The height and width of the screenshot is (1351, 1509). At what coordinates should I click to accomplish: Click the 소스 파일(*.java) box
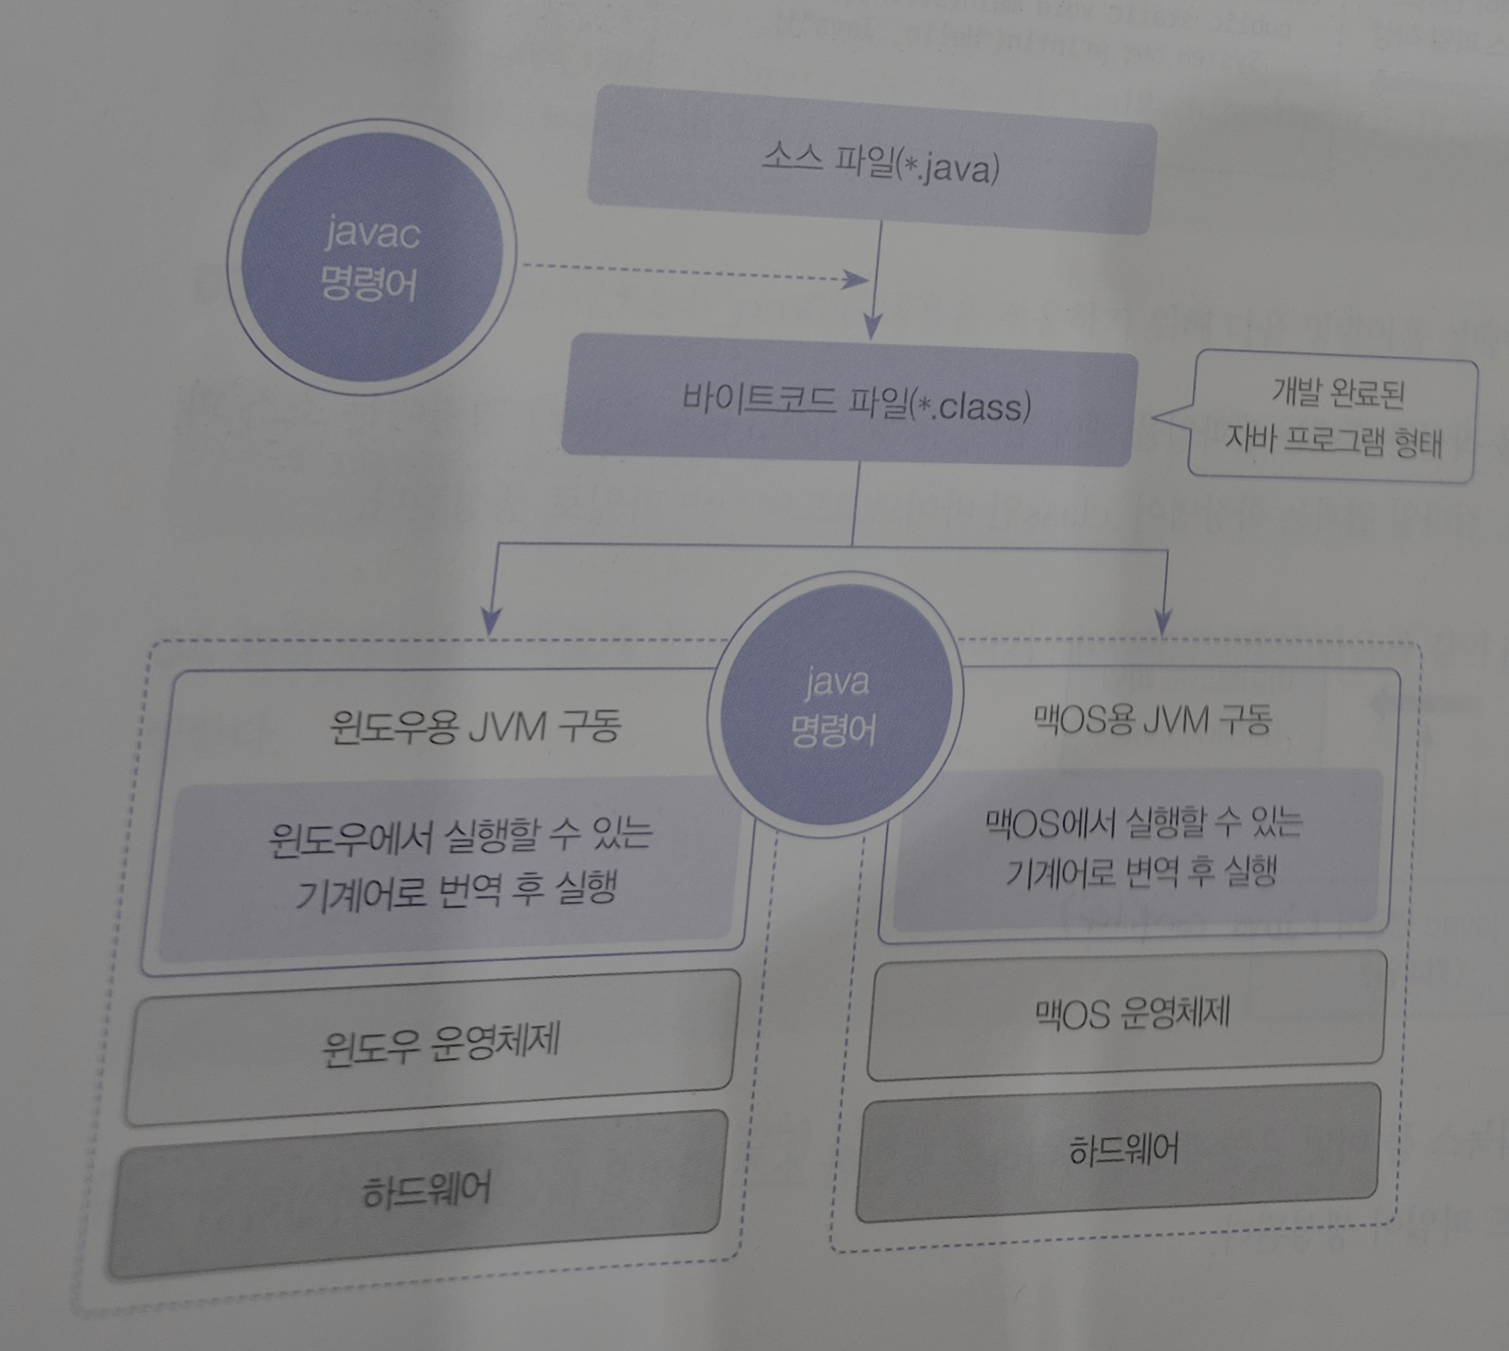pos(871,162)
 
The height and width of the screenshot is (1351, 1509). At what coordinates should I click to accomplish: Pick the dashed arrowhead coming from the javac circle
pos(856,279)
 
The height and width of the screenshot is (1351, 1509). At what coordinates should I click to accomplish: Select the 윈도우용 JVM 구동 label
pos(474,726)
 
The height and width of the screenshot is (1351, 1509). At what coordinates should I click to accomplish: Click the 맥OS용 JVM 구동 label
pos(1153,720)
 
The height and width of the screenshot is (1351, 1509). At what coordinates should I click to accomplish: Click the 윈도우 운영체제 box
pos(439,1043)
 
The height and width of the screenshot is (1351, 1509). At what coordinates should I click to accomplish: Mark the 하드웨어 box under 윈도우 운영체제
pos(426,1188)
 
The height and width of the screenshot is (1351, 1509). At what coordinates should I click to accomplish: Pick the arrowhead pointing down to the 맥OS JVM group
pos(1163,620)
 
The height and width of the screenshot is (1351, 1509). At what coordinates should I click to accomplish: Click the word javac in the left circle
pos(373,234)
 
